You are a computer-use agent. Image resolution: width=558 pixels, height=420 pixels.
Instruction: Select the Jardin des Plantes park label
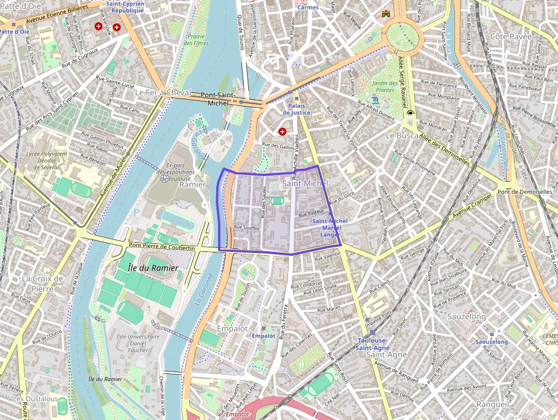click(384, 86)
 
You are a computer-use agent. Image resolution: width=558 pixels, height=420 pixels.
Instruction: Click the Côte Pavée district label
click(511, 36)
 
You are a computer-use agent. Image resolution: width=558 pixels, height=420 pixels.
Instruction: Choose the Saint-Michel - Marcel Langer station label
click(330, 227)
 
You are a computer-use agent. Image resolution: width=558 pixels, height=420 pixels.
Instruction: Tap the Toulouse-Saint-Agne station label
click(372, 344)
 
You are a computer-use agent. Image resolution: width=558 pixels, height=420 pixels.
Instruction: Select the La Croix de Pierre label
click(43, 283)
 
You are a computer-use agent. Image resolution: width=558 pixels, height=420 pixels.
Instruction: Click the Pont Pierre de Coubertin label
click(162, 247)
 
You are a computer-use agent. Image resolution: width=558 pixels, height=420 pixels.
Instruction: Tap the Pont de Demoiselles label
click(524, 192)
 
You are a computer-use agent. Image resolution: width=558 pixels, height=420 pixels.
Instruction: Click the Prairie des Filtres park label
click(197, 40)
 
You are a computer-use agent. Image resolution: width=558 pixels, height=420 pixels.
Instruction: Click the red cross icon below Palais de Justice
click(282, 132)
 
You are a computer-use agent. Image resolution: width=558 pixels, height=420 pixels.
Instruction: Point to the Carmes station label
click(307, 7)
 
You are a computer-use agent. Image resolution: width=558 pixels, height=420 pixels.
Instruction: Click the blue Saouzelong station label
click(491, 342)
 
